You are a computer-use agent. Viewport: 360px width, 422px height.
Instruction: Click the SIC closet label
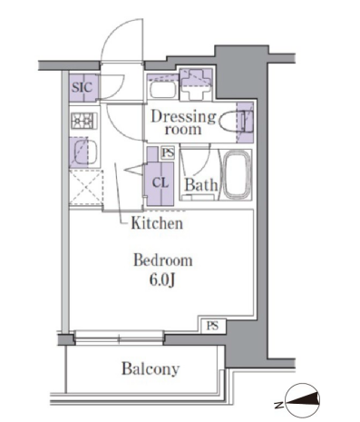point(83,88)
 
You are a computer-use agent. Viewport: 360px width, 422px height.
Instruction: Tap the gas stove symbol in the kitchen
point(84,121)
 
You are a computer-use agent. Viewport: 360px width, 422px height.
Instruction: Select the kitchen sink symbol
point(84,152)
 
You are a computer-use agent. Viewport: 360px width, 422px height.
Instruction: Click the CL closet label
point(160,182)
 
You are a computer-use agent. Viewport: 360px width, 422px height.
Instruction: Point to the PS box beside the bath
point(168,153)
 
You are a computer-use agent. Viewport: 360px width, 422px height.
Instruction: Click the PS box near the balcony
point(213,326)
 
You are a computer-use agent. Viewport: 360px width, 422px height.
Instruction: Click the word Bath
point(201,184)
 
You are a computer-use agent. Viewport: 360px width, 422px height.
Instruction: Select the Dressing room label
point(183,123)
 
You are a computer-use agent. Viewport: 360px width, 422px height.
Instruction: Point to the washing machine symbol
point(196,84)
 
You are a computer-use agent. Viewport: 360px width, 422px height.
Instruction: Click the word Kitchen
point(157,223)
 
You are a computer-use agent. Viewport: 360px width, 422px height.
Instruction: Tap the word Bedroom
point(163,260)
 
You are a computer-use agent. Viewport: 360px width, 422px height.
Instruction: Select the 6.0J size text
point(162,280)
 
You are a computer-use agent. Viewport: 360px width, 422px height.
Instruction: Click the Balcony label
point(151,369)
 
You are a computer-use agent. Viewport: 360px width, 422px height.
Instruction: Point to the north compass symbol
point(302,400)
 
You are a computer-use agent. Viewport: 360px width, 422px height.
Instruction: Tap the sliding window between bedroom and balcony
point(119,338)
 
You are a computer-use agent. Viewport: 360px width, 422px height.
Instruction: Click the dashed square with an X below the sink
point(86,188)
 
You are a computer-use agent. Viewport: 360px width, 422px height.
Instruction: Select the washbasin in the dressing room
point(163,88)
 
